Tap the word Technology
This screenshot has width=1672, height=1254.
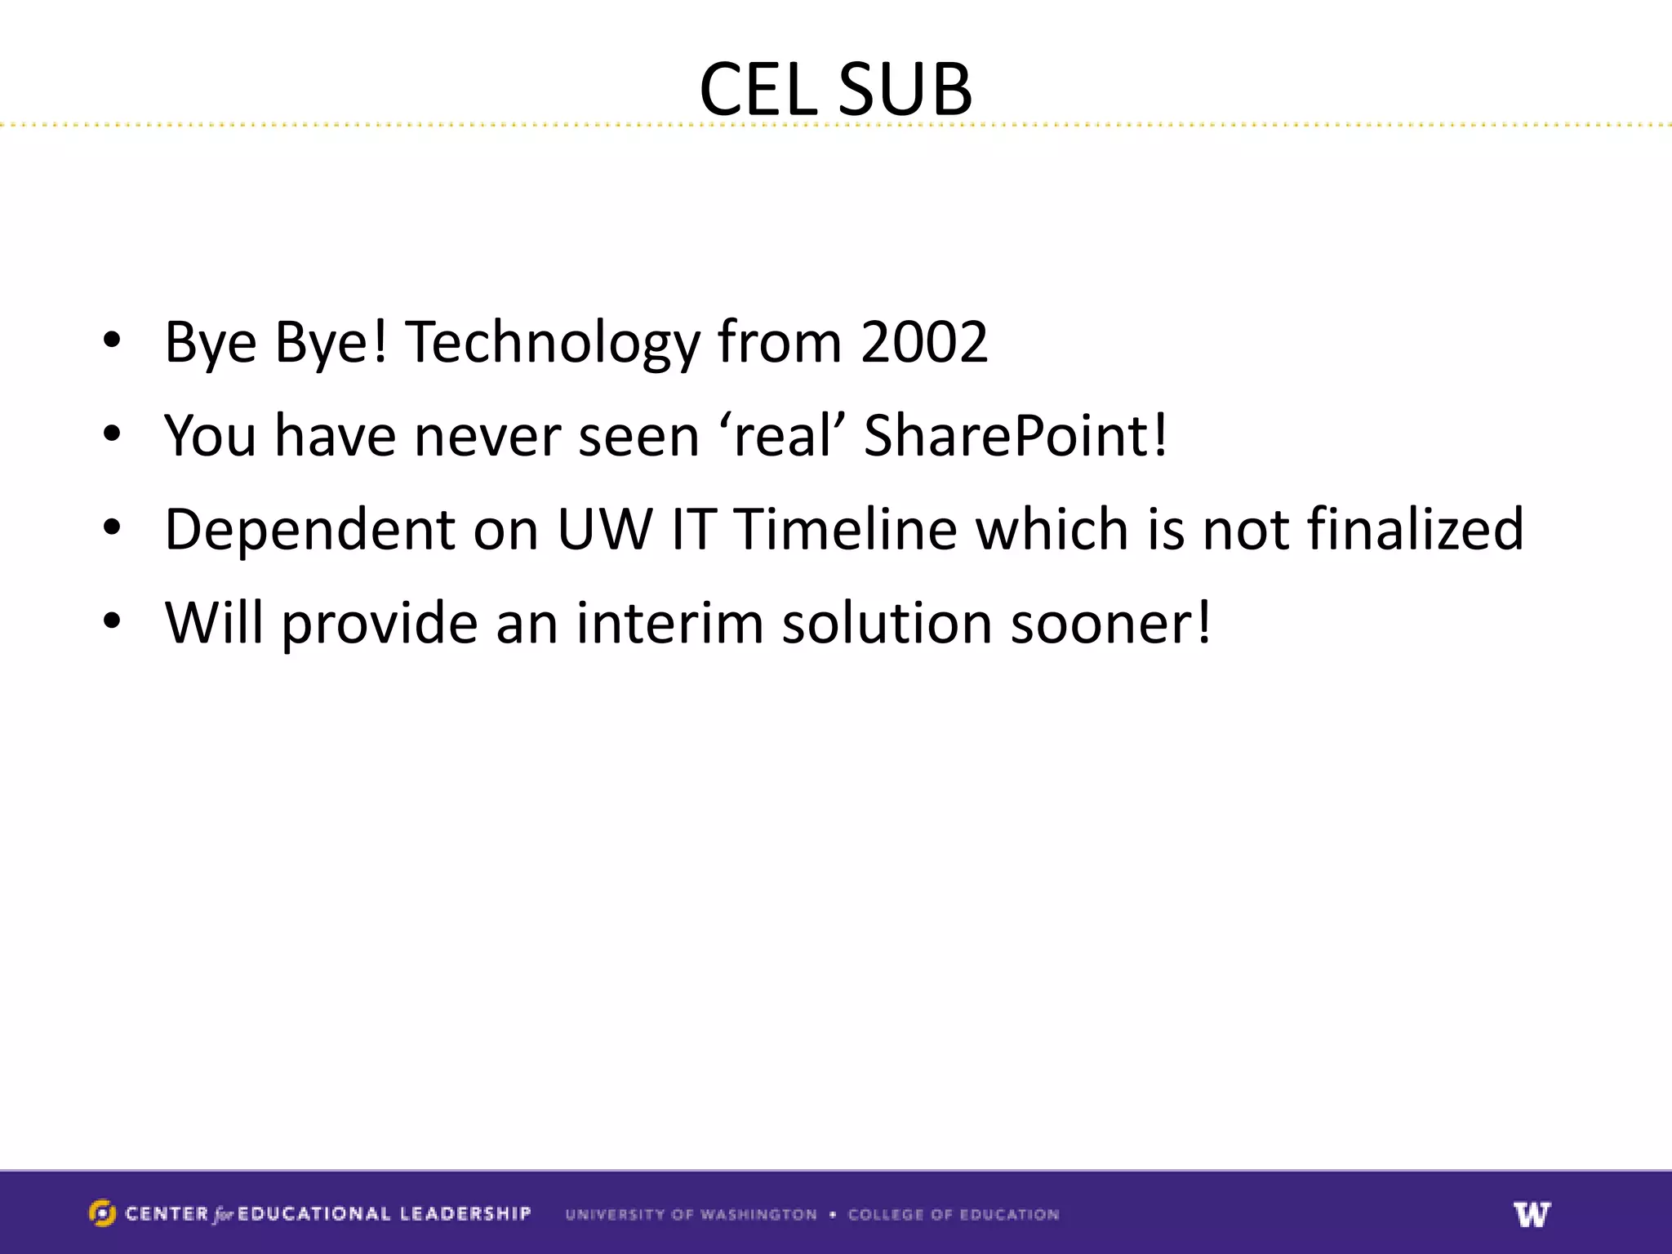point(553,343)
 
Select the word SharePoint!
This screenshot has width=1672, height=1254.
point(1015,435)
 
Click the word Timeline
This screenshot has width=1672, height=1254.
point(845,529)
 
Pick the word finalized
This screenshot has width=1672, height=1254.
point(1415,529)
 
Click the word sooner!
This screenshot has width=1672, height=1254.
point(1110,622)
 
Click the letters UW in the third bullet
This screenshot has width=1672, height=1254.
point(605,529)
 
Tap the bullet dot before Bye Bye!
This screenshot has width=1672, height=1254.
point(112,341)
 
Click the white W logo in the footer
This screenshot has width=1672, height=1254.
point(1531,1214)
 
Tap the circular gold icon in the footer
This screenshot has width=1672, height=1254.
point(102,1213)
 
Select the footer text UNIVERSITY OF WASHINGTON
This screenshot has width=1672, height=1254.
point(691,1215)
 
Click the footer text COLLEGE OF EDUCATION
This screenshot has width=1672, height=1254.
point(953,1215)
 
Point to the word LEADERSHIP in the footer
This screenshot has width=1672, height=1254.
point(465,1214)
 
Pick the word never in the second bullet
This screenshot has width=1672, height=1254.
point(486,435)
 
